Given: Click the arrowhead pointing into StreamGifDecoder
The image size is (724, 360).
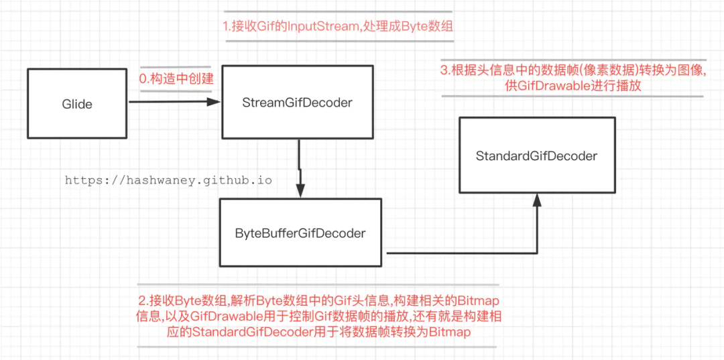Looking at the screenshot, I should [214, 103].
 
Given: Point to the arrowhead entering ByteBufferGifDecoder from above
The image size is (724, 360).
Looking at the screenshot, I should [301, 191].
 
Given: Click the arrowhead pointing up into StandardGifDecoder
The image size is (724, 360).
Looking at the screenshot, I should [537, 200].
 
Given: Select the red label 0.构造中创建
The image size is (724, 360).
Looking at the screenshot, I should [176, 78].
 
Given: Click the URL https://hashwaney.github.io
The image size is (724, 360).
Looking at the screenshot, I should [168, 181].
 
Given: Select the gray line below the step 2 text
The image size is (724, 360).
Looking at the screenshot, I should [317, 347].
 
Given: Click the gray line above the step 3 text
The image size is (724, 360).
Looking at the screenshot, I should [572, 60].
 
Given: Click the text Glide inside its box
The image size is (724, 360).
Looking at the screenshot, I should [77, 104].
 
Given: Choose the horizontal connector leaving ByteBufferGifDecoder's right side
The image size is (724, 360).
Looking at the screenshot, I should [463, 253].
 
